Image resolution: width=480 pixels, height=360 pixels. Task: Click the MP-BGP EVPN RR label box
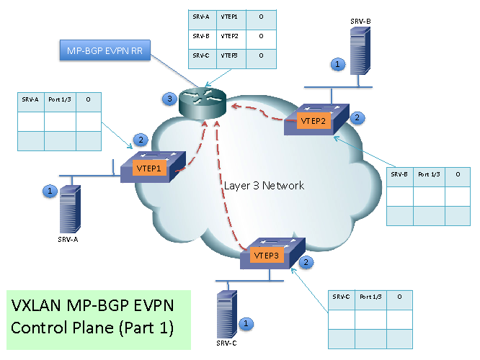click(x=105, y=51)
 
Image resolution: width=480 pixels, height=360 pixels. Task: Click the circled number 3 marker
click(x=169, y=99)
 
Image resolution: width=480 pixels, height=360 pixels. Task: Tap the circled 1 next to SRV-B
click(x=337, y=65)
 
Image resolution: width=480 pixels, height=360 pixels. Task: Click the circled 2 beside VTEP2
click(x=355, y=116)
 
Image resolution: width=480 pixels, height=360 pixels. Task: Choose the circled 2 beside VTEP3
click(x=307, y=263)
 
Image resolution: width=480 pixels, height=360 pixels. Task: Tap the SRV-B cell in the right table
click(x=400, y=174)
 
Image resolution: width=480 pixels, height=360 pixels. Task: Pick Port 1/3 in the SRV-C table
click(x=370, y=297)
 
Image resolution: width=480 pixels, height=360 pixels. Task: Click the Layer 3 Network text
click(x=264, y=186)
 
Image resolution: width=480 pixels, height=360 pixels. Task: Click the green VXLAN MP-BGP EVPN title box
click(x=97, y=319)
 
